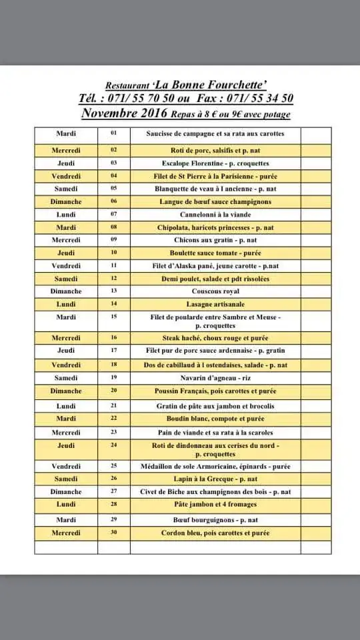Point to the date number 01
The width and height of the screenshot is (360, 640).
tap(114, 133)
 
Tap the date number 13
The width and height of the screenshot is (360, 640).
tap(114, 291)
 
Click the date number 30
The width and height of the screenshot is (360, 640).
tap(114, 533)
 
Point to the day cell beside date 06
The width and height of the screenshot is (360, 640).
tap(66, 201)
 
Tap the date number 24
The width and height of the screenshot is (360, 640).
tap(114, 445)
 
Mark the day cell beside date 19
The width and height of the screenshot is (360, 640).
tap(66, 378)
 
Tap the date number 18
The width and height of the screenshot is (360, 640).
tap(114, 365)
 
